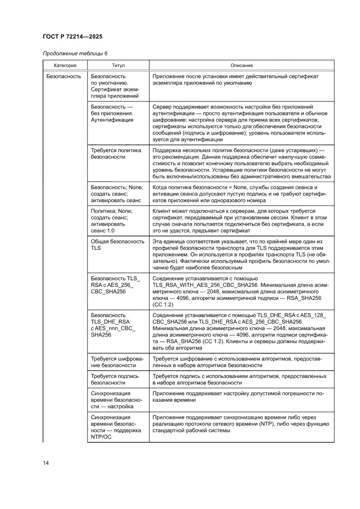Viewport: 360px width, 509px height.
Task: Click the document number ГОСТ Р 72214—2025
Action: (72, 37)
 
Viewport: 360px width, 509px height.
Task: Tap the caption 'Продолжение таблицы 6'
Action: (75, 54)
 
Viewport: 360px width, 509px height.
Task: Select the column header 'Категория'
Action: (65, 65)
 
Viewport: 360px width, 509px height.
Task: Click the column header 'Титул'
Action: (118, 65)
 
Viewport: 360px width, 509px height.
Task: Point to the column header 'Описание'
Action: (241, 65)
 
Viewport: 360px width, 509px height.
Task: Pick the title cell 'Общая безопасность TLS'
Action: (117, 245)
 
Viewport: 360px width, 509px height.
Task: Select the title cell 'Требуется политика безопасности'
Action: (116, 154)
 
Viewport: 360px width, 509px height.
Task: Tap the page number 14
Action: (46, 463)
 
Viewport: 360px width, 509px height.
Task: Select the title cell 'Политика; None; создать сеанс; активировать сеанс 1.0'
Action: (112, 221)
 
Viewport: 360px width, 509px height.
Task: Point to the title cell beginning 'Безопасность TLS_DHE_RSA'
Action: (113, 324)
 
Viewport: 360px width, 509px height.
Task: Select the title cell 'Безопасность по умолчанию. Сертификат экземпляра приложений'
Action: (114, 86)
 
